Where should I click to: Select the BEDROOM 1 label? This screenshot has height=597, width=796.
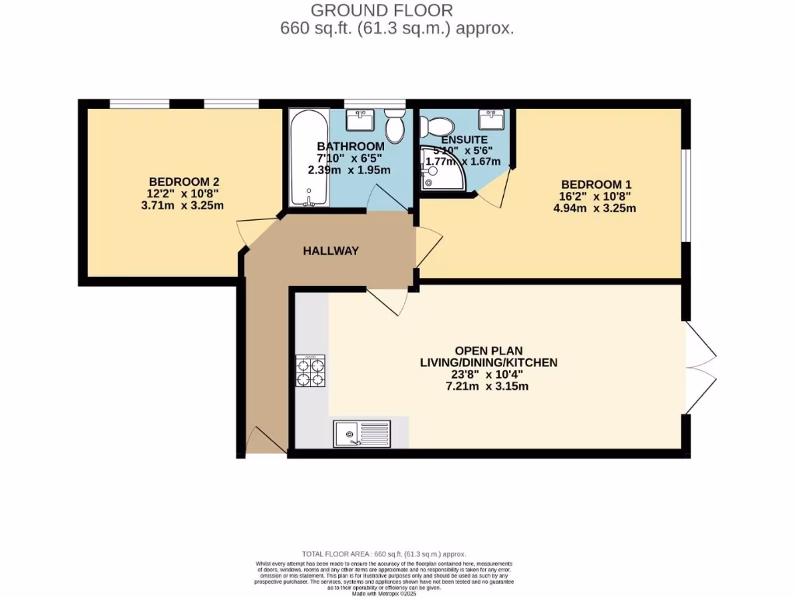tap(592, 184)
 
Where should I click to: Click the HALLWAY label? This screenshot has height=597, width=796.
tap(330, 250)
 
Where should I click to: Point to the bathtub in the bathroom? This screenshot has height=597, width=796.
tap(309, 159)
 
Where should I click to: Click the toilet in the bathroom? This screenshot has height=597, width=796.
tap(395, 126)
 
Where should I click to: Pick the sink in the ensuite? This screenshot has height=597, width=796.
tap(491, 120)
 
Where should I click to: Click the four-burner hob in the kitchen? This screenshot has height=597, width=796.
tap(310, 371)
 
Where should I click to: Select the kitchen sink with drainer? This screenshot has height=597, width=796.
tap(362, 433)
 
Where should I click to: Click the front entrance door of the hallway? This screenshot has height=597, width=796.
tap(264, 441)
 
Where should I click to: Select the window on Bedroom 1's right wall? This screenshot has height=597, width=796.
tap(685, 194)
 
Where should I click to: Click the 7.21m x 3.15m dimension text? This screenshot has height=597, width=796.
tap(488, 386)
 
